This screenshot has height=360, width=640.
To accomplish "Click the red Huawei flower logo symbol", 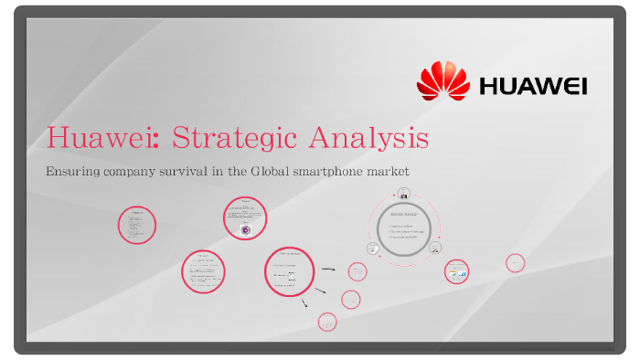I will point(443,80).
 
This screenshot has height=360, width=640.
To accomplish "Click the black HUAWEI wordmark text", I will point(533,87).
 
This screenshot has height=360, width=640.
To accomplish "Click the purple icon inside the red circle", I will point(245,230).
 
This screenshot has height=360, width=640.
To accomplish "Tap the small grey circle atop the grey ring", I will point(403,195).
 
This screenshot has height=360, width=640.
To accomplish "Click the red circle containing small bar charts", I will point(456,271).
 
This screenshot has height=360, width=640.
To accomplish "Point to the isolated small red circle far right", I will point(515,263).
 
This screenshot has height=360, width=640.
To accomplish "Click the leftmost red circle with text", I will point(137,225).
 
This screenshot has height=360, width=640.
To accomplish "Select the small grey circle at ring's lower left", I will point(373,249).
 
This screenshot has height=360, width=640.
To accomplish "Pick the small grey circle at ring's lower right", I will point(436,248).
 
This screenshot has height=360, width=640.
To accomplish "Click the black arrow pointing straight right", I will point(327,270).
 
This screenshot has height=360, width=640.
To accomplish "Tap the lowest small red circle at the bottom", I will point(327,321).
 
